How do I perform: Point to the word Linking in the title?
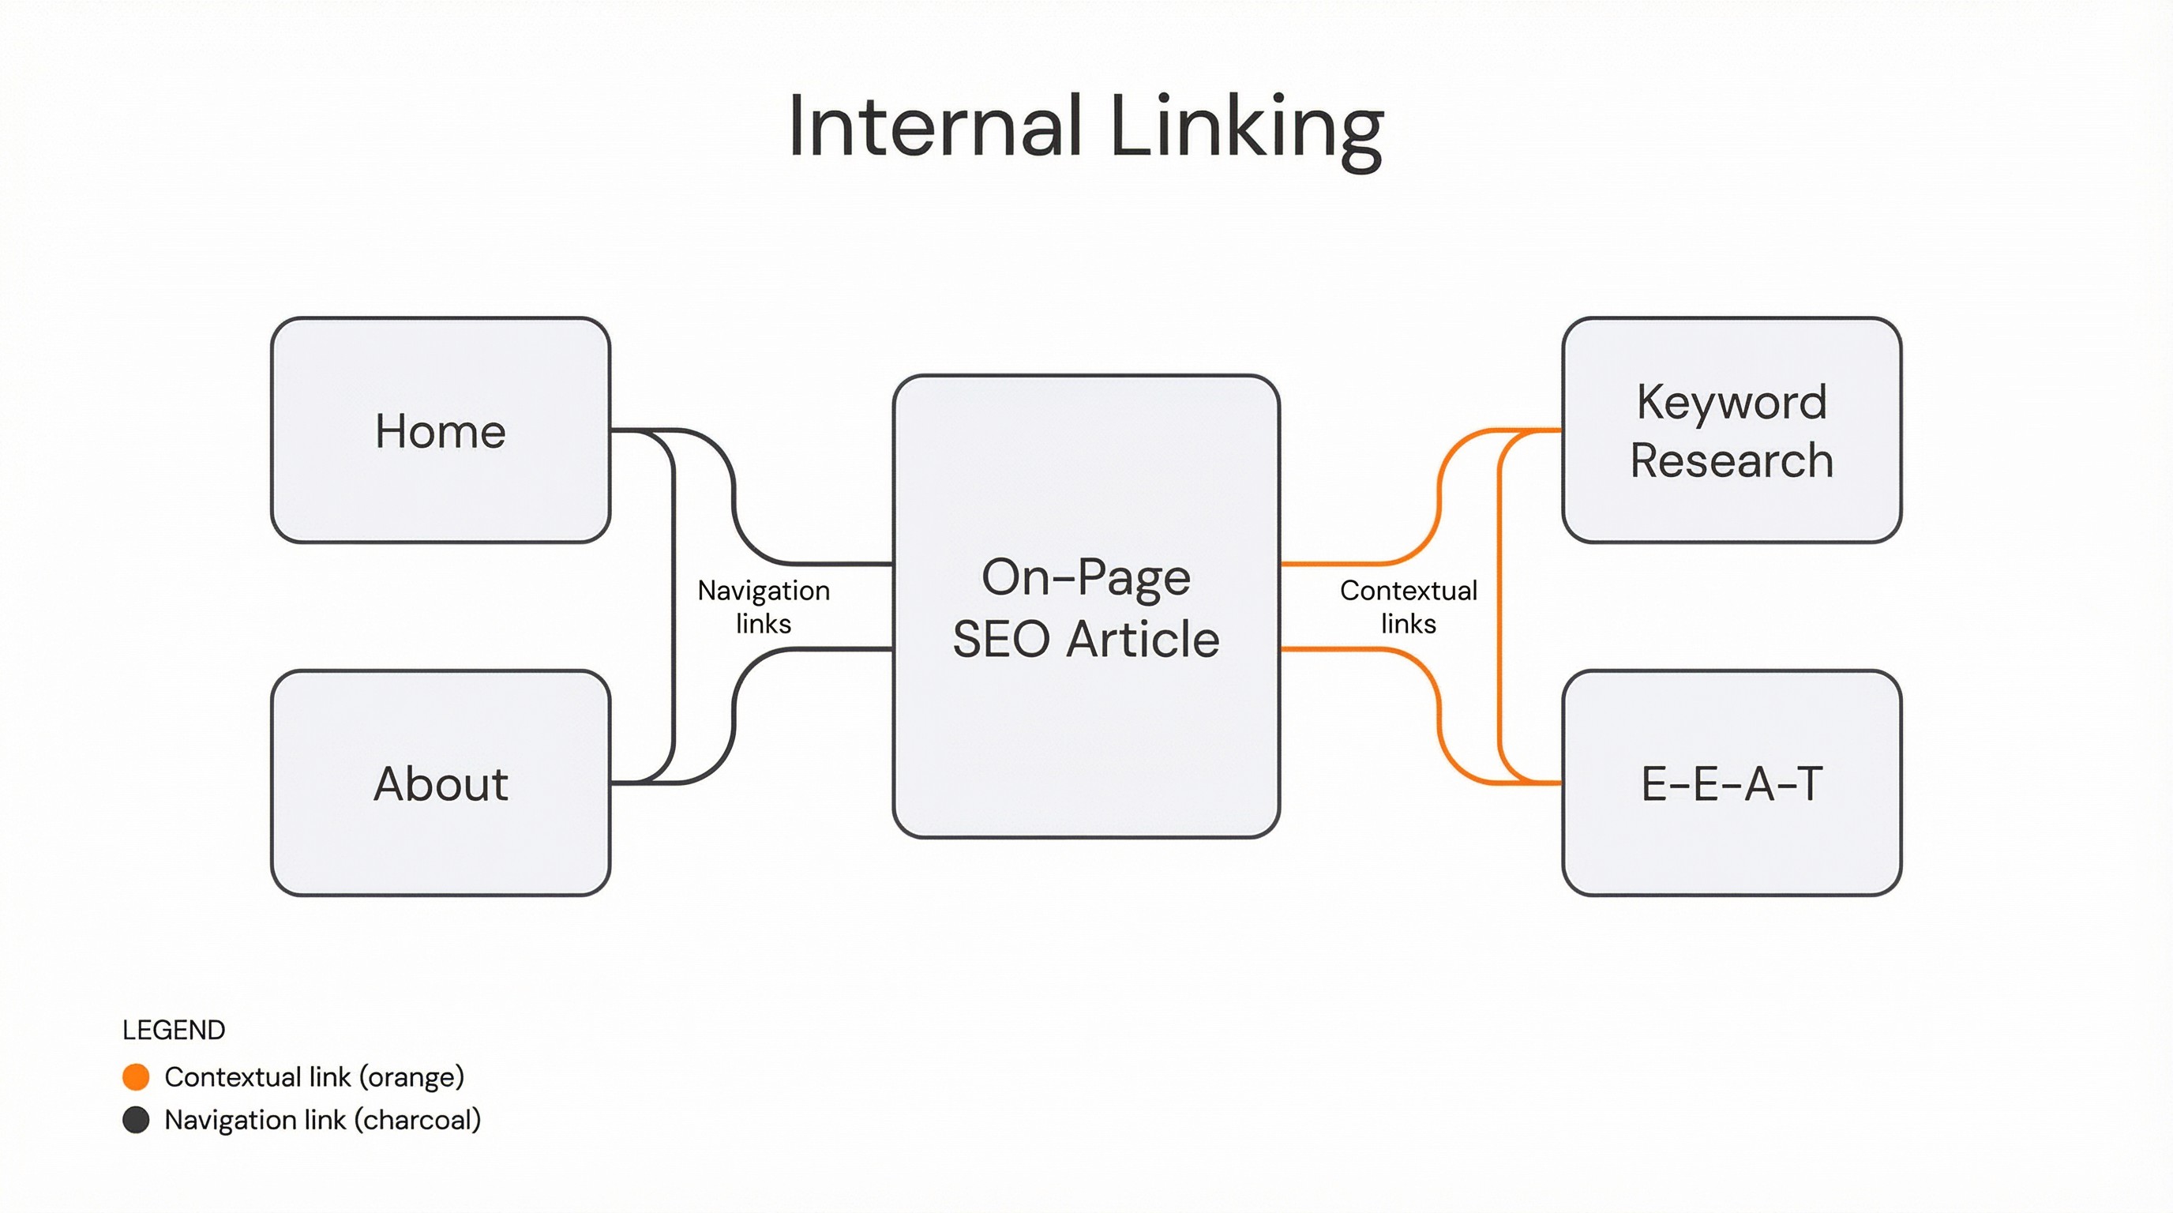(1247, 128)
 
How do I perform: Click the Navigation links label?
(764, 606)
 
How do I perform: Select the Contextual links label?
(1408, 606)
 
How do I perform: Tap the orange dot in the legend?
(136, 1076)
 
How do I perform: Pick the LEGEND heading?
(174, 1030)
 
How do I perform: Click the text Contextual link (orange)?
(314, 1077)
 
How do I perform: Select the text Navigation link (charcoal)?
(322, 1121)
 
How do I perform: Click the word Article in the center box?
(1143, 639)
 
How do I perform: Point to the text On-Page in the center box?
(1086, 578)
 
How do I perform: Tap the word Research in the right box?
(1731, 460)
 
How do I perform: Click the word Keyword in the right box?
(1731, 403)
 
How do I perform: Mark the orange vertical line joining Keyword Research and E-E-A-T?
(1499, 607)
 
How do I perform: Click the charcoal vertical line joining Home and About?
(674, 607)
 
